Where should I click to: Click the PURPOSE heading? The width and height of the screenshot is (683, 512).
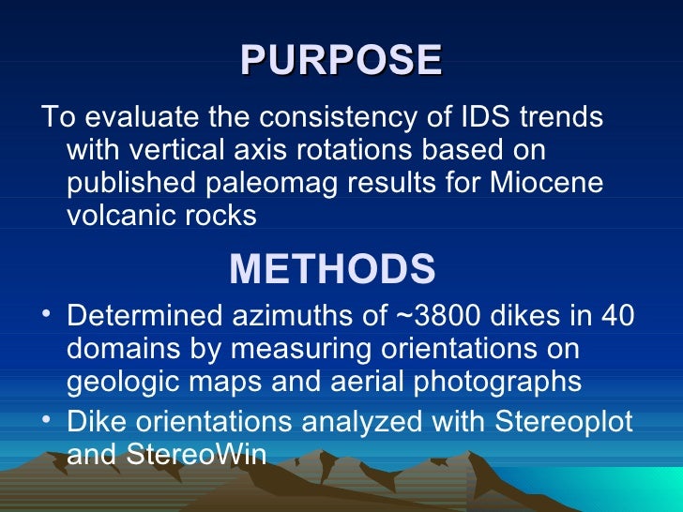coord(341,60)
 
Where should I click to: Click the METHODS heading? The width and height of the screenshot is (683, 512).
coord(332,269)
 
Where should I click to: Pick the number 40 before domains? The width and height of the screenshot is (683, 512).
coord(615,316)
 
